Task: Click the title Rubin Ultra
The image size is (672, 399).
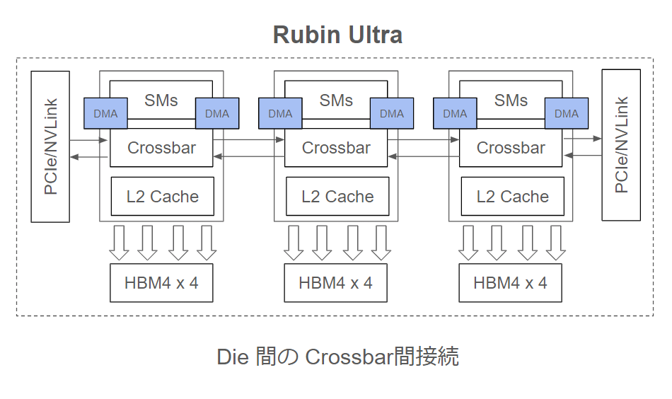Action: point(337,35)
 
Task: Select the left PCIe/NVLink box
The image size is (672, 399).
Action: point(50,146)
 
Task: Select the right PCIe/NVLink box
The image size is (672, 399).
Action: point(621,145)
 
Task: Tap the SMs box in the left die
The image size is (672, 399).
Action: point(161,100)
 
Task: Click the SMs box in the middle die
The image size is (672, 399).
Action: point(336,100)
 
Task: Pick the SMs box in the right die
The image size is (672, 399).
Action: point(511,100)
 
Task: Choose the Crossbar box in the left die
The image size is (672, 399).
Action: point(161,148)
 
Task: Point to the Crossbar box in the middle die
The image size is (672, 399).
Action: point(336,148)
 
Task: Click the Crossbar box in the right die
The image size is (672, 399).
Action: point(511,148)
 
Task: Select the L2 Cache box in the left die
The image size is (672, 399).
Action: point(162,197)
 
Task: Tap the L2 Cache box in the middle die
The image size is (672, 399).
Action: point(337,197)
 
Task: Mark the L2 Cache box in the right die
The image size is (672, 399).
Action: point(512,197)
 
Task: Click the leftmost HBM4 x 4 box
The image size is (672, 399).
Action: point(161,283)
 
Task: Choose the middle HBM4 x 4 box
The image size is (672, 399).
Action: point(335,283)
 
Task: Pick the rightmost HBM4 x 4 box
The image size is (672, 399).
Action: point(510,283)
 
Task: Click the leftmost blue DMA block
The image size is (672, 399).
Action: point(105,113)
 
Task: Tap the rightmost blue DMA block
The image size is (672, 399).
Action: point(566,113)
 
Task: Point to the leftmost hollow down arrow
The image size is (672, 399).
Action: point(119,243)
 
